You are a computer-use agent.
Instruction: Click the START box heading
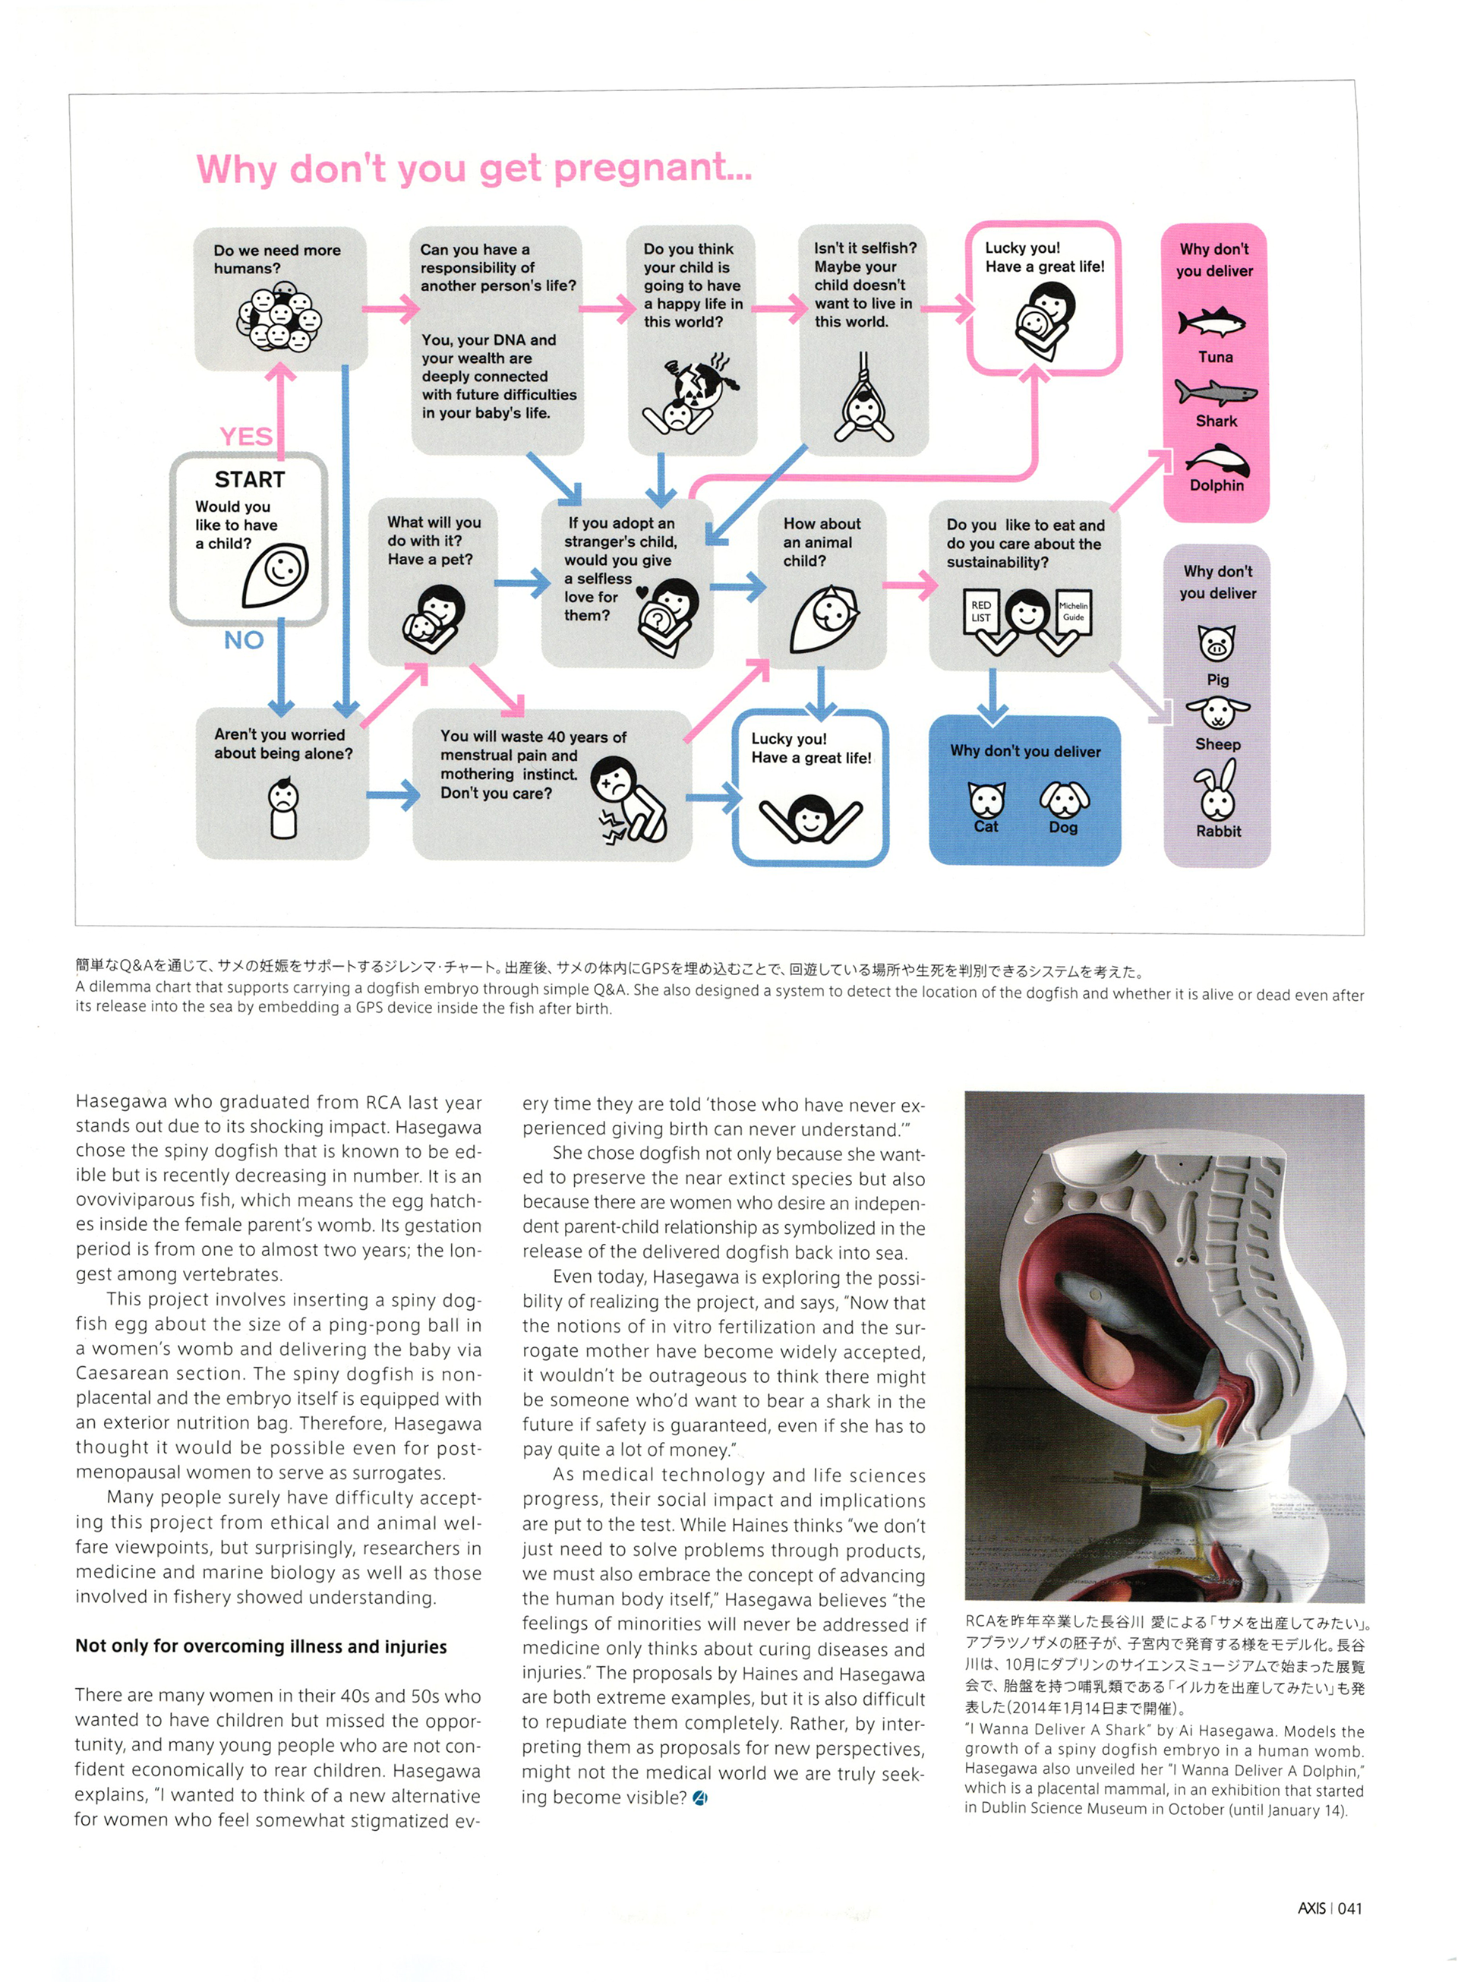[250, 479]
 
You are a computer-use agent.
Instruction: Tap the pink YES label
[245, 436]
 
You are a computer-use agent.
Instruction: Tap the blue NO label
[244, 639]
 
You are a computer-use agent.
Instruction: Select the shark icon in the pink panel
[1214, 392]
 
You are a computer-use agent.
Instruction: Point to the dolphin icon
[1218, 458]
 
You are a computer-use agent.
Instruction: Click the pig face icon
[1217, 643]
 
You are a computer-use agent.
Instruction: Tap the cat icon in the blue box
[986, 800]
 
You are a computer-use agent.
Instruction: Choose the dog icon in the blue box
[1065, 799]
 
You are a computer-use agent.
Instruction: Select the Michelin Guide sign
[1073, 611]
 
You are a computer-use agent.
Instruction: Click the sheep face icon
[1218, 712]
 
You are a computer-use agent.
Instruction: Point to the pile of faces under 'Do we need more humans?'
[279, 317]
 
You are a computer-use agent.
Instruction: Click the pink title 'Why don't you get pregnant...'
[474, 168]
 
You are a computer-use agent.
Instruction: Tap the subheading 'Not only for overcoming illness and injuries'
[261, 1646]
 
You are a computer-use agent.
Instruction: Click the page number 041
[1349, 1908]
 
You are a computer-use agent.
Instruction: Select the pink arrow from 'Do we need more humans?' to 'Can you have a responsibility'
[390, 308]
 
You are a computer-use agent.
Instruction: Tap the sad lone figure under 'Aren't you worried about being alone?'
[283, 807]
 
